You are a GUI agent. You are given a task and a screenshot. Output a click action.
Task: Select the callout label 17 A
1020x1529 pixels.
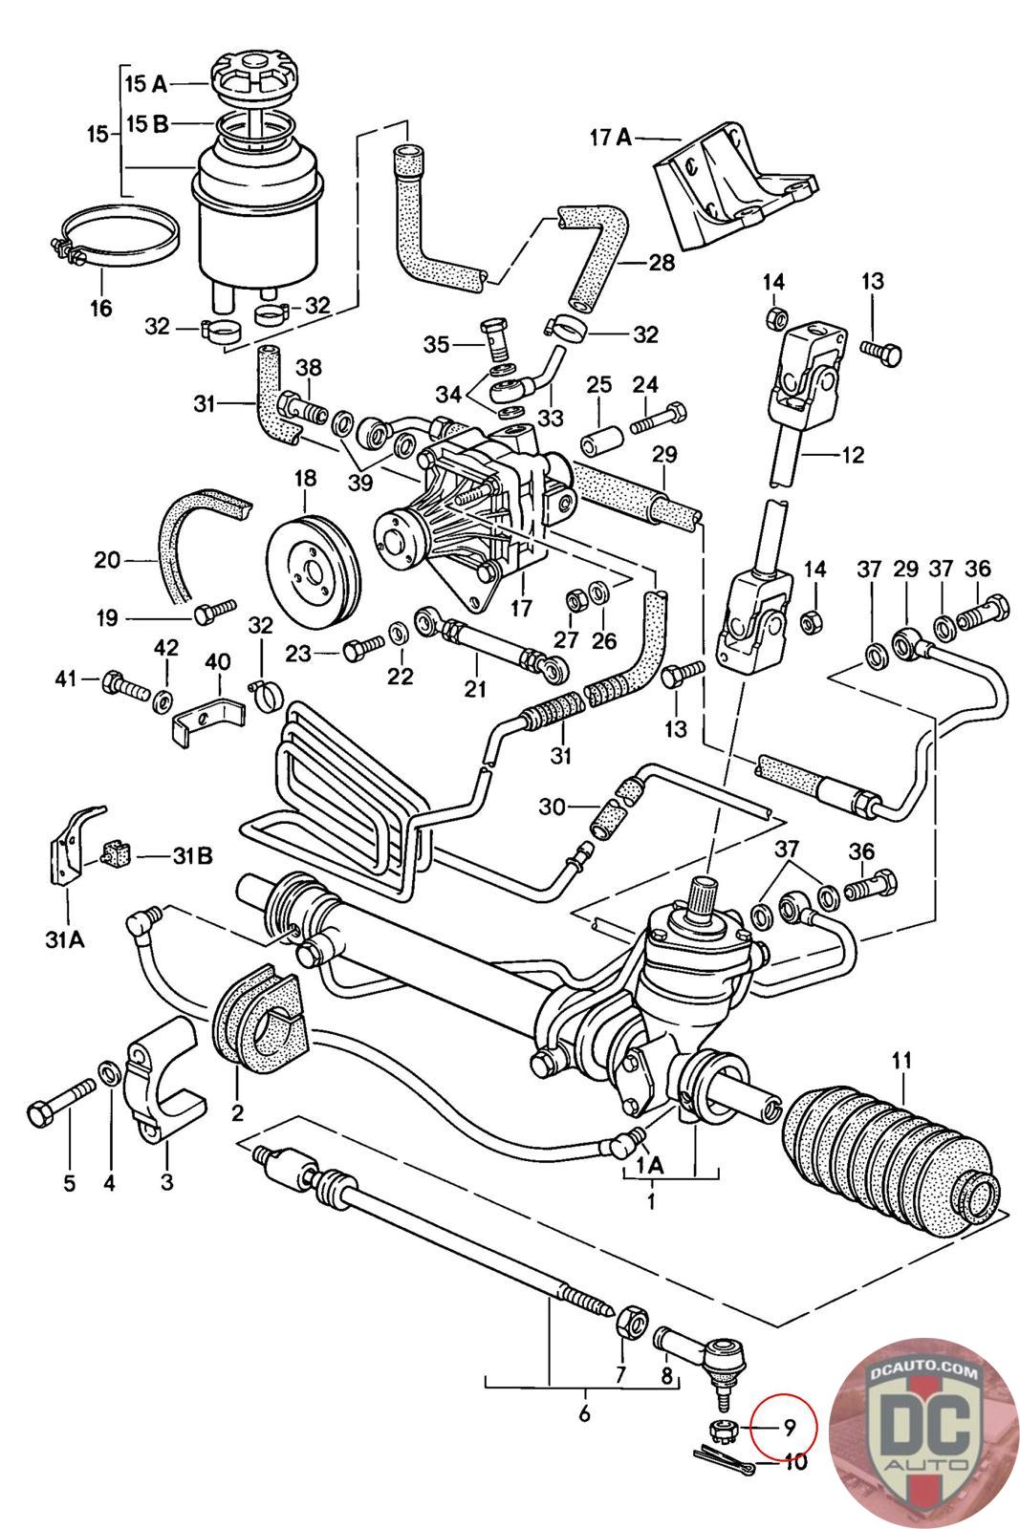point(610,139)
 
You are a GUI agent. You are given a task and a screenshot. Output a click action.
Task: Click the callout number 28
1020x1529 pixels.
point(661,262)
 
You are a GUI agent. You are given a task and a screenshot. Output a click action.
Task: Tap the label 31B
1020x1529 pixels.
point(192,855)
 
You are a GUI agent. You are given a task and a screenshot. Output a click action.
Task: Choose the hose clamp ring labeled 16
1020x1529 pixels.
point(115,238)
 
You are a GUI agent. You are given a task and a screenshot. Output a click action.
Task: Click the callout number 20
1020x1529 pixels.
point(107,560)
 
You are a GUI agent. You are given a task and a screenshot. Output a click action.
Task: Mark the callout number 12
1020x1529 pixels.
point(854,455)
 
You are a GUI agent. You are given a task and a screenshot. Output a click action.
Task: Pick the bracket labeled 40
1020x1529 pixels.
point(206,722)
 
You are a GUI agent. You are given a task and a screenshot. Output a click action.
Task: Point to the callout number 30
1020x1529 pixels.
point(553,807)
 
